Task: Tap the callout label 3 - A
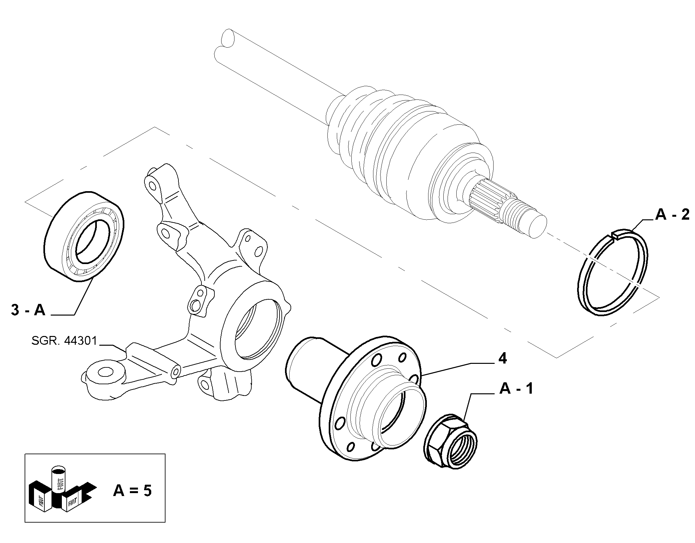(28, 310)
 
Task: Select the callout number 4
(503, 359)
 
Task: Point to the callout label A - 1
(517, 388)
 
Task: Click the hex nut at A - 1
(450, 440)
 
